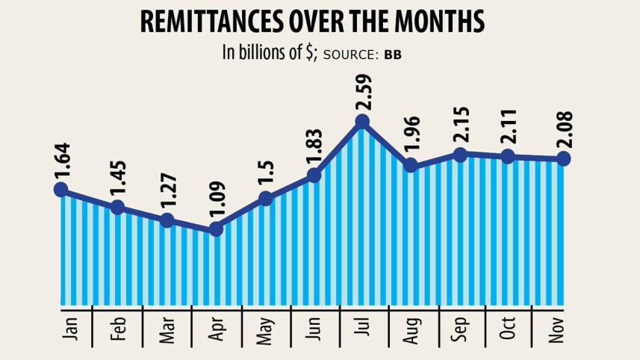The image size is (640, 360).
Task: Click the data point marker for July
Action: pos(363,121)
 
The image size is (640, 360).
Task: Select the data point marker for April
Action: pos(217,229)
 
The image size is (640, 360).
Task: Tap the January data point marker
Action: pos(61,190)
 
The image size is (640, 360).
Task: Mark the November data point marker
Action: pos(564,158)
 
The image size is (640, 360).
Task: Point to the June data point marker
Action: pos(314,176)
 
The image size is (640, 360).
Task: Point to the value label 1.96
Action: pos(411,136)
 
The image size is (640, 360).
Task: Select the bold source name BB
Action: pos(393,55)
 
